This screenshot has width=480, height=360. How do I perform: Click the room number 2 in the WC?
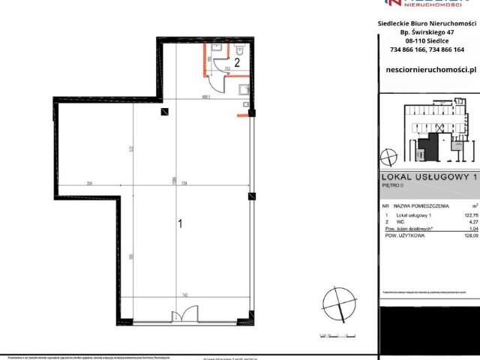point(237,63)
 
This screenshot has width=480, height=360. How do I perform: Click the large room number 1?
point(179,223)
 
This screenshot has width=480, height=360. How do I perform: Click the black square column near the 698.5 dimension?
point(163,112)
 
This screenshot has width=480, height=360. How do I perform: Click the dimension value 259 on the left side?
point(89,184)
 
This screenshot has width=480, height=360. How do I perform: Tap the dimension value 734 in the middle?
point(184,184)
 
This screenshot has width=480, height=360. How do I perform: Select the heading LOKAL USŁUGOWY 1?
point(428,176)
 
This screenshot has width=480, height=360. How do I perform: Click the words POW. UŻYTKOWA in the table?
point(406,235)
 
